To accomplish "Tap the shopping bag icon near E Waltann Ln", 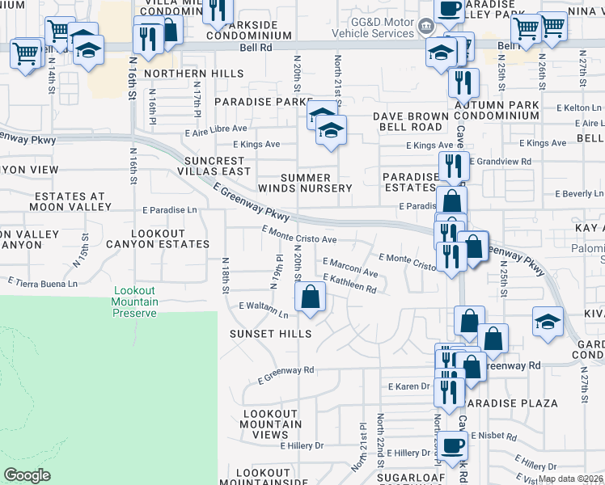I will coord(310,297).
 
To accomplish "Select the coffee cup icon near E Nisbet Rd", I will coord(453,444).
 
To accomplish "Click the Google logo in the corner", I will coord(27,474).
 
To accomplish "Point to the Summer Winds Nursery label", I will coord(316,183).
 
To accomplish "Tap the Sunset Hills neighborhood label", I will coord(270,334).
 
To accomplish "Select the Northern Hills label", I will coord(194,74).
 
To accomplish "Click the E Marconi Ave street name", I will coord(350,267).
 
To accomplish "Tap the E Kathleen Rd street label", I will coord(349,284).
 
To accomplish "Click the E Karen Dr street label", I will coord(408,386).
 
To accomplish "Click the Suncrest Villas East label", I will coord(217,166).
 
